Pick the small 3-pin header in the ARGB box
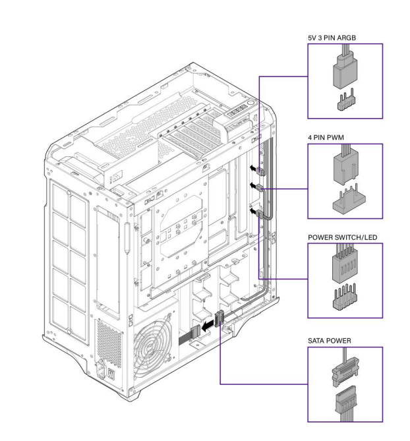click(345, 102)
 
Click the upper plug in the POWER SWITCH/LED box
click(345, 267)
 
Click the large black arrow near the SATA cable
click(208, 324)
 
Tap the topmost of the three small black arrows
click(253, 168)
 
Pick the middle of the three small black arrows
click(253, 186)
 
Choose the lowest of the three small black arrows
click(253, 211)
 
